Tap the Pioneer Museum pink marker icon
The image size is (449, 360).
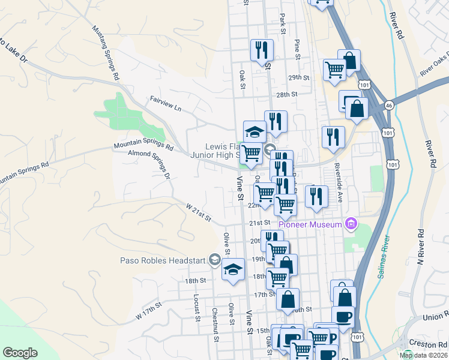352,224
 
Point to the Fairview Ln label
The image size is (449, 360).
165,103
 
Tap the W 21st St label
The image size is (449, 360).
198,212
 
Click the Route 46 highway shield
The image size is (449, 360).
389,103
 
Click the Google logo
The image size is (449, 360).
20,353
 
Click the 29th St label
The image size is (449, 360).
298,78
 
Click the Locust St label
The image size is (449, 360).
196,307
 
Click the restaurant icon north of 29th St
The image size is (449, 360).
261,49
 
